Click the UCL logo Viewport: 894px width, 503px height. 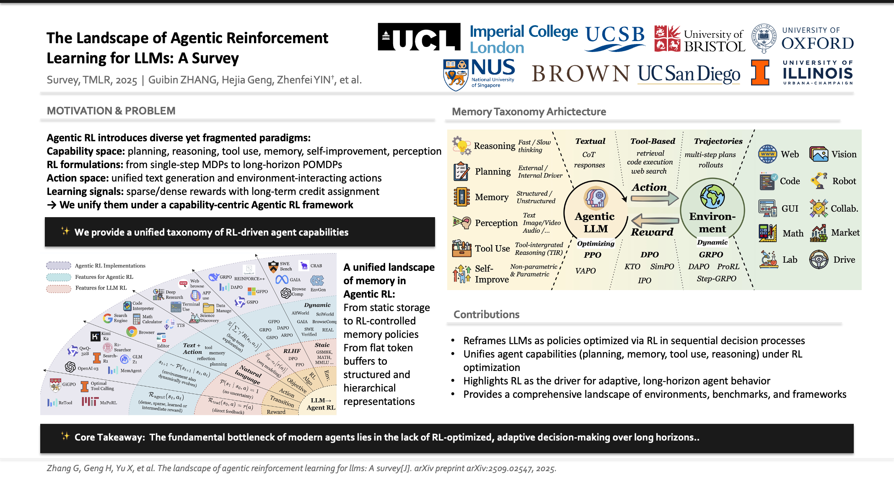click(419, 37)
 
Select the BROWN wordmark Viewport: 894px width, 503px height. click(580, 74)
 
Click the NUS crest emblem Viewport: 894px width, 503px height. click(456, 75)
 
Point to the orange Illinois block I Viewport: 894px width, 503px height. click(760, 73)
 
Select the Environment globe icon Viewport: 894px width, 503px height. click(712, 196)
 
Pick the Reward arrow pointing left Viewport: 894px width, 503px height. click(654, 220)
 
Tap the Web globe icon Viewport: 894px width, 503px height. click(767, 154)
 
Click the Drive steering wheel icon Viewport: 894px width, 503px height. click(819, 259)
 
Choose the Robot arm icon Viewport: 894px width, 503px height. click(819, 181)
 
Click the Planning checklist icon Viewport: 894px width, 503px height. click(461, 171)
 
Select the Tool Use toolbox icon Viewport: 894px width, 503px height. click(461, 248)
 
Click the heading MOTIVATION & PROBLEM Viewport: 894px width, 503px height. click(111, 111)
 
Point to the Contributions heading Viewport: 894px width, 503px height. click(486, 314)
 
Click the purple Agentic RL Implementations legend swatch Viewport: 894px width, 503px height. click(59, 265)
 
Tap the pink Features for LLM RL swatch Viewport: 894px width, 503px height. click(59, 288)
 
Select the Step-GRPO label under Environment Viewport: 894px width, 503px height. click(716, 279)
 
